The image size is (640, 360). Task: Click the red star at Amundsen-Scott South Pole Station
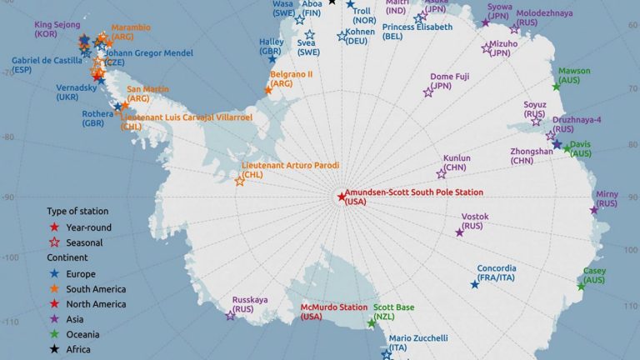(x=341, y=197)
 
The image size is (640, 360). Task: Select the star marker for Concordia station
(x=475, y=285)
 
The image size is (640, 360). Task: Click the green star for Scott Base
(x=372, y=323)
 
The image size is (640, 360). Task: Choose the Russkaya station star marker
(x=231, y=315)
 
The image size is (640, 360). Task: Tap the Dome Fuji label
(x=450, y=77)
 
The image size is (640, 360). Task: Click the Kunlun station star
(x=441, y=173)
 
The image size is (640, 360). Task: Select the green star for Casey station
(x=581, y=287)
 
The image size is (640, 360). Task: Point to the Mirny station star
(x=594, y=210)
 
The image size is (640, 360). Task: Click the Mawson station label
(x=575, y=71)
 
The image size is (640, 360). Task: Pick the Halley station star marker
(x=272, y=59)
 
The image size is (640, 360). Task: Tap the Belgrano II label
(x=292, y=74)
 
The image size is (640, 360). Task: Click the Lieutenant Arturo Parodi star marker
(x=240, y=180)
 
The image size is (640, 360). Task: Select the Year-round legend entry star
(x=54, y=227)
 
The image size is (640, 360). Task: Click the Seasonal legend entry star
(x=54, y=242)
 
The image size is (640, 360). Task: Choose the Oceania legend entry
(x=83, y=334)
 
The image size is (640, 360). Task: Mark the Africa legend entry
(x=79, y=349)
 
